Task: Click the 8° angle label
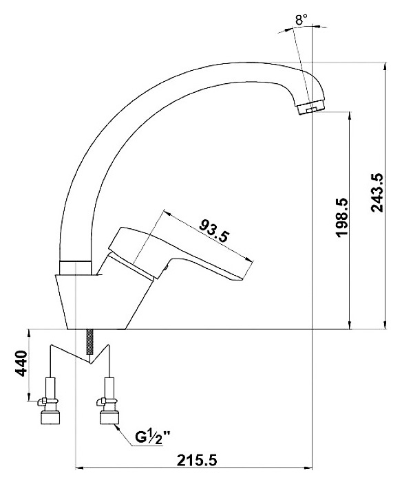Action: (x=301, y=20)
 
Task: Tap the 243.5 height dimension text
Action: (x=377, y=193)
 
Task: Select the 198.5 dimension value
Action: (x=341, y=218)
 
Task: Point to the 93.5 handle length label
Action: (x=215, y=230)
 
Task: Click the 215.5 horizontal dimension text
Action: (x=197, y=460)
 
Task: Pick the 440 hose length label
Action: (x=21, y=363)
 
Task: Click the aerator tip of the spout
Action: (x=311, y=108)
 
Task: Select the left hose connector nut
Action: (x=50, y=417)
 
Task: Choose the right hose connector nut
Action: (x=109, y=417)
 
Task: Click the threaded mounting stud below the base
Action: (x=89, y=342)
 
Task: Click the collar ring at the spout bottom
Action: (x=75, y=267)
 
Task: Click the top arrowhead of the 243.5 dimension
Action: (x=385, y=67)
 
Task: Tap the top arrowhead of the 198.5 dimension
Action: (x=350, y=115)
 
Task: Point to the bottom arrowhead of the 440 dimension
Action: (x=29, y=396)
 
